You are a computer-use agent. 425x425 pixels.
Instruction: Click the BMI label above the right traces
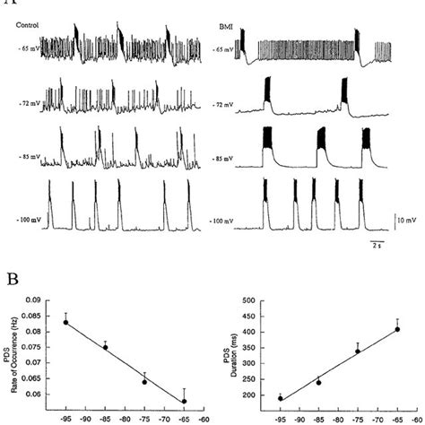click(227, 26)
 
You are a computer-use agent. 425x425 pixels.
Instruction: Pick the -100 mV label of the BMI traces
click(225, 220)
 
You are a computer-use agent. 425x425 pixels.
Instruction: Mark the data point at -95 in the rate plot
click(65, 322)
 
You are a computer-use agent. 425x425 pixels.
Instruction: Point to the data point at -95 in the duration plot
click(281, 398)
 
